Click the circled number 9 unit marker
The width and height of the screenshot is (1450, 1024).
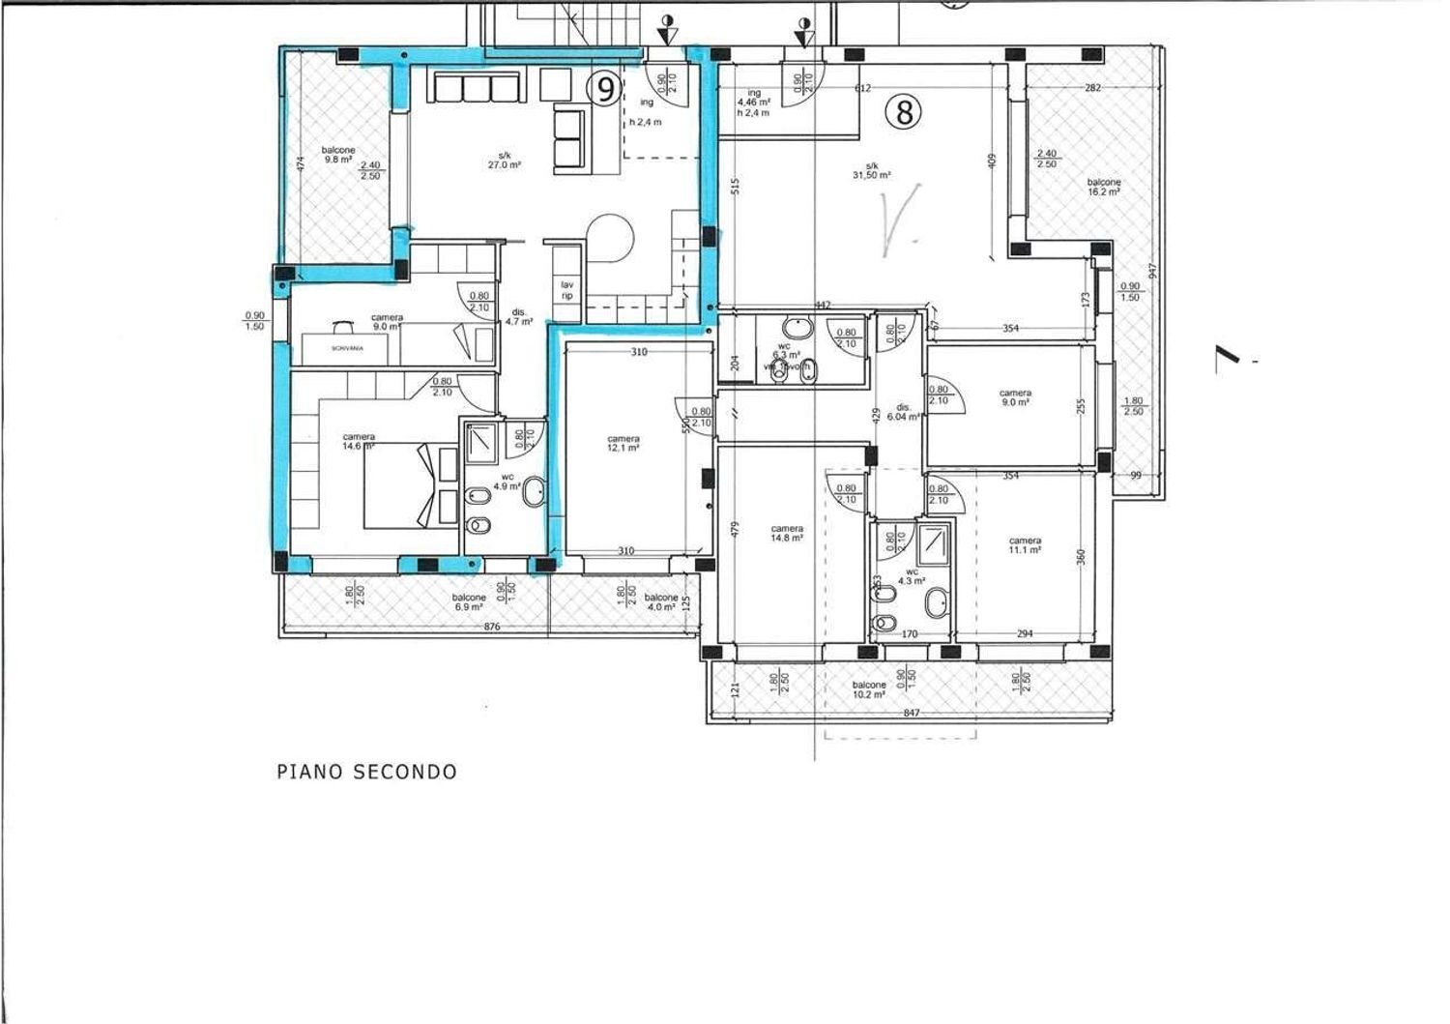[605, 90]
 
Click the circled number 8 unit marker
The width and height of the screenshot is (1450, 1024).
[904, 112]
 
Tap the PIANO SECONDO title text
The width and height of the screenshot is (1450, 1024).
[366, 772]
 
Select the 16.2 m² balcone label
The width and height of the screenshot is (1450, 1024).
[1103, 187]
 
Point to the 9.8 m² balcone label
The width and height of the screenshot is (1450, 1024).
[339, 155]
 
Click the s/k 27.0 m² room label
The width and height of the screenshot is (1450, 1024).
[505, 160]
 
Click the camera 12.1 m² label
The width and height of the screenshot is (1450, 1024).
[623, 443]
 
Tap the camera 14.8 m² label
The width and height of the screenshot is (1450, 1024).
[787, 534]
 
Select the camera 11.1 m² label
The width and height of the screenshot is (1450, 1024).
[1024, 545]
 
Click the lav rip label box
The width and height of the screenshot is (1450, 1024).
[567, 290]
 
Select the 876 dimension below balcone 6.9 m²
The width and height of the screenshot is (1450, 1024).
[491, 628]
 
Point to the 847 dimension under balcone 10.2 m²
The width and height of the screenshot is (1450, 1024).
[911, 713]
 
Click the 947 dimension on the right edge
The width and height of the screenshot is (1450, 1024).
[1151, 271]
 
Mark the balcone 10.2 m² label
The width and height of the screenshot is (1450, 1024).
[869, 689]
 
